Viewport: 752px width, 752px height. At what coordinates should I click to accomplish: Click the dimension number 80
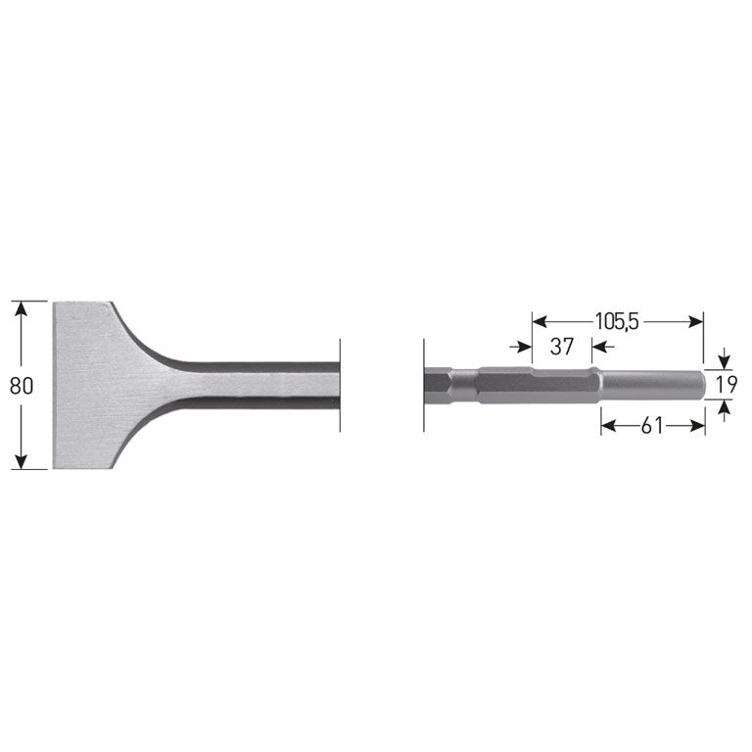[22, 385]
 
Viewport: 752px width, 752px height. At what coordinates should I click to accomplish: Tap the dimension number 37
[561, 347]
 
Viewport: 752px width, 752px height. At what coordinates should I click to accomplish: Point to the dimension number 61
[653, 424]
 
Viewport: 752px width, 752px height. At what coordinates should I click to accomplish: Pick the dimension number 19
[725, 385]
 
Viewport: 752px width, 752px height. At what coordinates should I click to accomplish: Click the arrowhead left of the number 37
[525, 346]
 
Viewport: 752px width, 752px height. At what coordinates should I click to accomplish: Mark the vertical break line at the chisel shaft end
[340, 384]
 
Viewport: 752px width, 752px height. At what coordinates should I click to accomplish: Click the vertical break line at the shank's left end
[424, 385]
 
